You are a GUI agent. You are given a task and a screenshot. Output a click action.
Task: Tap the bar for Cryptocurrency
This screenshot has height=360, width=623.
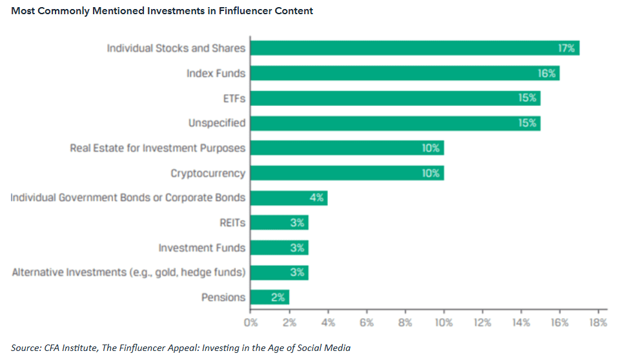[x=347, y=173]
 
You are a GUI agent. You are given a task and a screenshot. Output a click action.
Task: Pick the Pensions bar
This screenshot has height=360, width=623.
[x=269, y=297]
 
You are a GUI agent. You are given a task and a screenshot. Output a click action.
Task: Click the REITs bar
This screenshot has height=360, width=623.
[x=279, y=223]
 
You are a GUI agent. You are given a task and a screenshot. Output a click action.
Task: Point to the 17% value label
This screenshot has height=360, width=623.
[x=566, y=48]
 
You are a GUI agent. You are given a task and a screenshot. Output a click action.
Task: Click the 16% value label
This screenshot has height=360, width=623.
[x=547, y=73]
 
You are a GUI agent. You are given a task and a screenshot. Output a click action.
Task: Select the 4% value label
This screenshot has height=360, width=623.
[x=316, y=198]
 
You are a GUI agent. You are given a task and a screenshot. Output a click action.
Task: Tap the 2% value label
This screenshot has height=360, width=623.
[x=278, y=297]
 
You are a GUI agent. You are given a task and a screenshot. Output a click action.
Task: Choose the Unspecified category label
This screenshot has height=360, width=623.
[x=217, y=123]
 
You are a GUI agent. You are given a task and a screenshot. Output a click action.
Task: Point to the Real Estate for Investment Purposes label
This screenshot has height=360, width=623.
[x=158, y=148]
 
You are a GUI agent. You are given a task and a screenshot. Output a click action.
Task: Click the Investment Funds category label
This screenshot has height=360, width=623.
[x=202, y=248]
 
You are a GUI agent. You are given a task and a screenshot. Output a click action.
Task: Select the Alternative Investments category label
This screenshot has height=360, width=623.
[x=128, y=272]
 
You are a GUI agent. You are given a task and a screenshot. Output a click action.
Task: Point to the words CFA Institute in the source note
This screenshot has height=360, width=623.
[x=72, y=348]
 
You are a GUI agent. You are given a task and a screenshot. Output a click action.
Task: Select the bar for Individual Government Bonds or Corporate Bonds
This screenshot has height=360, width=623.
[x=289, y=198]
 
